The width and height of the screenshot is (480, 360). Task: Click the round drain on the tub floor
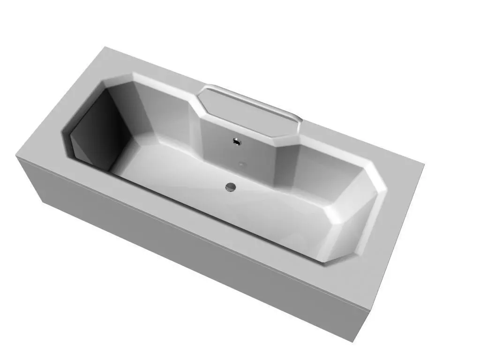click(x=230, y=187)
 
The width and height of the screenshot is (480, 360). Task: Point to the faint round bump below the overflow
click(x=241, y=164)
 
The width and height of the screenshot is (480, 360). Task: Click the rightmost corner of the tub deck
click(x=424, y=164)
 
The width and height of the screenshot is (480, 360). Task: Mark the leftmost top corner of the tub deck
click(x=16, y=157)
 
